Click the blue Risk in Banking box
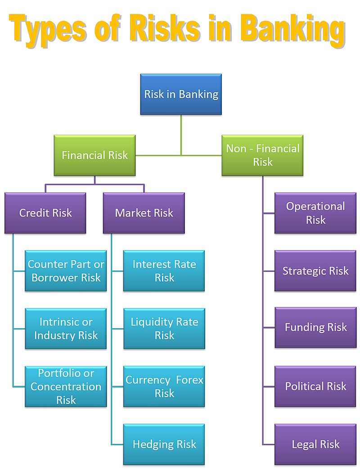[181, 94]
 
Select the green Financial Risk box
[94, 155]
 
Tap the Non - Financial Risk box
[262, 155]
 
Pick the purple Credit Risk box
[45, 213]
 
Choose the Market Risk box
[144, 213]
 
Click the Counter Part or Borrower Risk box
[66, 271]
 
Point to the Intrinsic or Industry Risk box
[66, 329]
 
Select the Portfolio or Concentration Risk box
[66, 386]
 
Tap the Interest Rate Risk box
[164, 271]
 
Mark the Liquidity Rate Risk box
[164, 329]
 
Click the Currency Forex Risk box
[164, 386]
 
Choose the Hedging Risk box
[164, 444]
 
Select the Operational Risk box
[315, 213]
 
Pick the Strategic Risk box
[315, 271]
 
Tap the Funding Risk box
[315, 327]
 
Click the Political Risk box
[315, 386]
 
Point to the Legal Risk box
[315, 444]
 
